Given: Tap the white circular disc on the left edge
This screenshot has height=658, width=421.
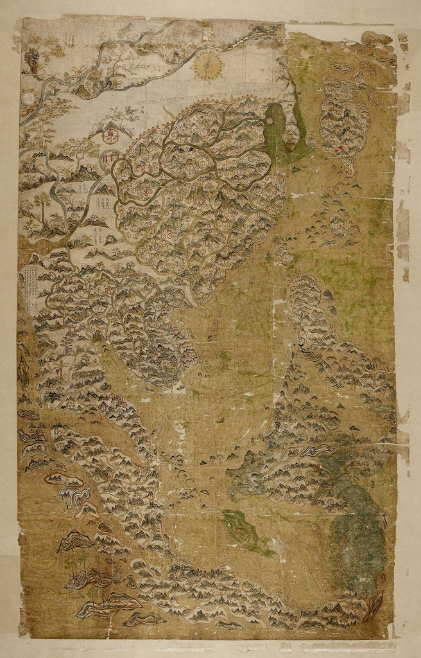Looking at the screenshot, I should click(28, 98).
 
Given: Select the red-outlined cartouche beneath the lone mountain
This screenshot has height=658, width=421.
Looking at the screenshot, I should click(112, 136).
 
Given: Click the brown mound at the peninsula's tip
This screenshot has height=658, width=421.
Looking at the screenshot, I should click(291, 147).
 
